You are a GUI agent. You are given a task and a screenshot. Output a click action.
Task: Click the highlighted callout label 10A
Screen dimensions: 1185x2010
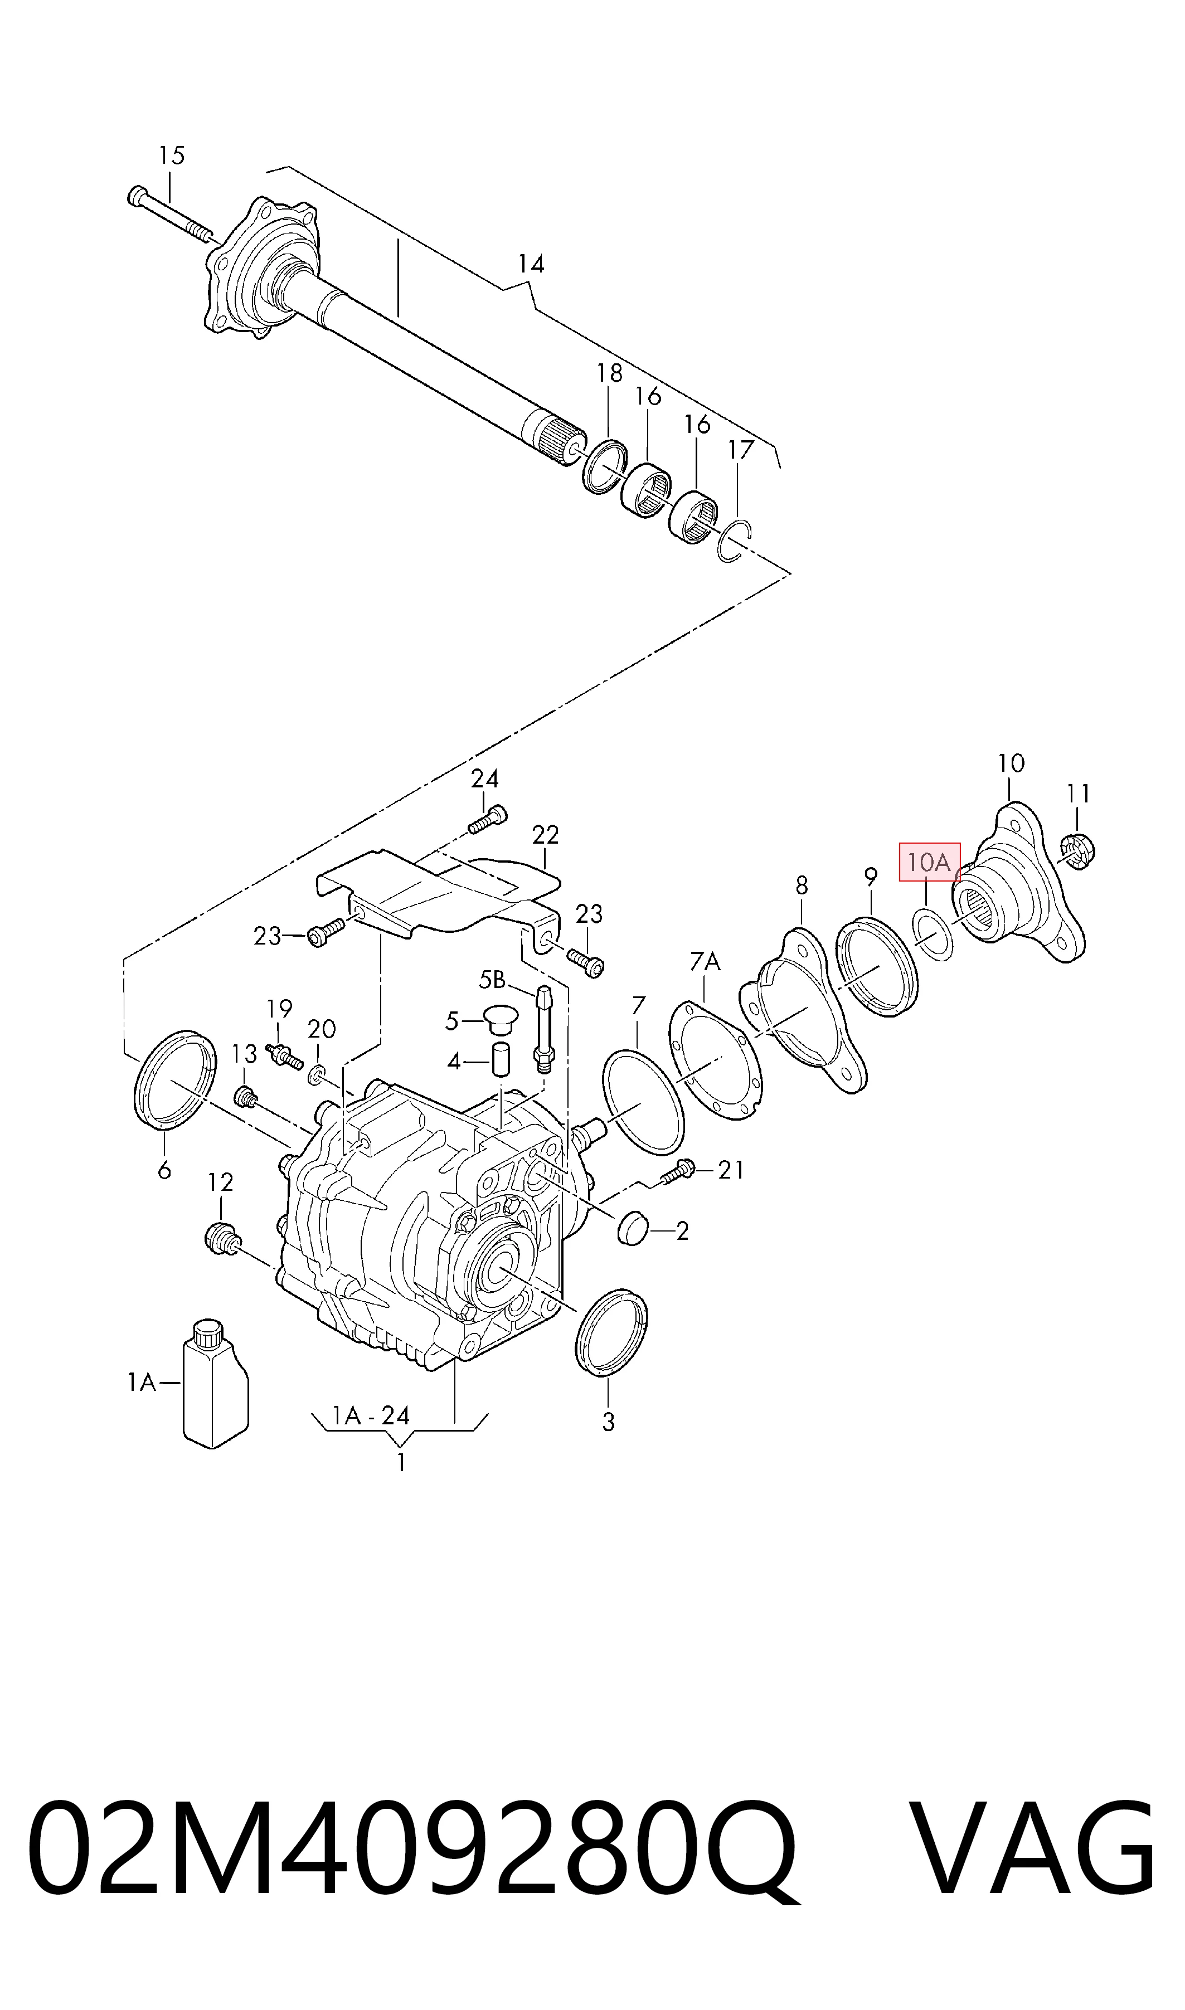click(930, 862)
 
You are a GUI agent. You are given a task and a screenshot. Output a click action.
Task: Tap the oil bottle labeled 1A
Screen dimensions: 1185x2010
click(216, 1383)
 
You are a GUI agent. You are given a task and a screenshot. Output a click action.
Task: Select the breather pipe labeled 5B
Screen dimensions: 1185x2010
click(543, 1029)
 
